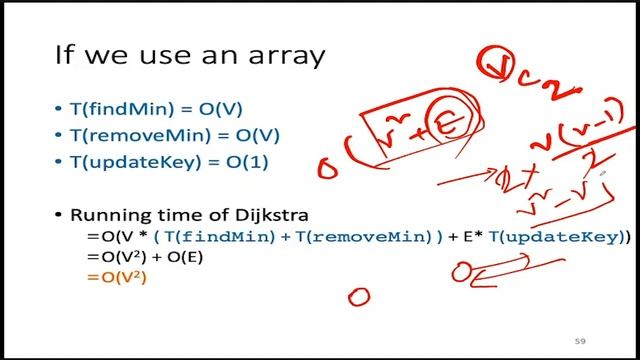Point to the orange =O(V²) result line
[117, 277]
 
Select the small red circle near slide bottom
[358, 296]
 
